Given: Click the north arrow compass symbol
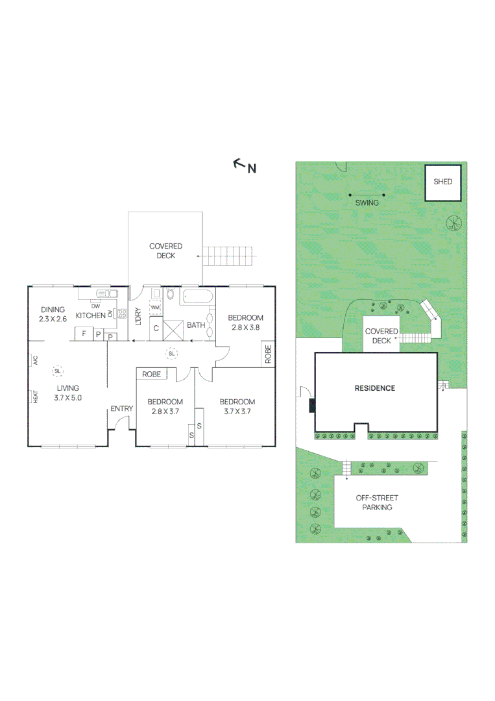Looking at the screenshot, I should click(240, 164).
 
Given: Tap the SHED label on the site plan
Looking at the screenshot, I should click(442, 182).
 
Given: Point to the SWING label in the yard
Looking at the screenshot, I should click(367, 203).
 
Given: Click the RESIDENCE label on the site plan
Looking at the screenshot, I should click(374, 388).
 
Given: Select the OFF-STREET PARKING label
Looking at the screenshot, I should click(377, 502).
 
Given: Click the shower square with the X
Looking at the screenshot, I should click(173, 328).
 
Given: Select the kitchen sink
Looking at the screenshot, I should click(104, 294).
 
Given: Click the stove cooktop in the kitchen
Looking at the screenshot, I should click(121, 314).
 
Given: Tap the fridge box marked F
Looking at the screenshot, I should click(82, 334).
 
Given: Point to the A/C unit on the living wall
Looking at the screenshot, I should click(34, 360).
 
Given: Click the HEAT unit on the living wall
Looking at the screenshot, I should click(34, 397).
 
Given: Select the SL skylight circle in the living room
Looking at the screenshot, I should click(58, 371).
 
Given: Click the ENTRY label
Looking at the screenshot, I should click(121, 408).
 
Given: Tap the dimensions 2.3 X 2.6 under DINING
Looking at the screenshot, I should click(53, 319).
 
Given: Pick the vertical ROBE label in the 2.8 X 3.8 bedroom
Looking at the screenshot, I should click(268, 354).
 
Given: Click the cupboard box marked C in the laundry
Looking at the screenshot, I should click(156, 328).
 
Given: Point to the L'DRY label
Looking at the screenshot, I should click(138, 316).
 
